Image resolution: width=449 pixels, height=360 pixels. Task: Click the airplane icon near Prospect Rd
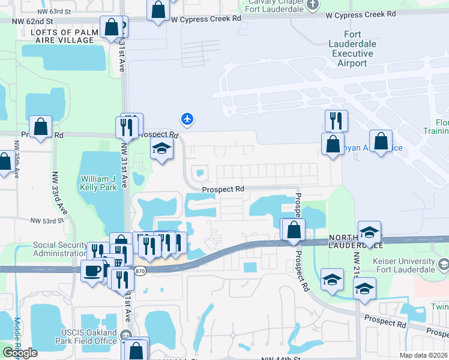[x=187, y=119]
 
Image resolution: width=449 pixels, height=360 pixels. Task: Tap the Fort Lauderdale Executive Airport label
[x=352, y=49]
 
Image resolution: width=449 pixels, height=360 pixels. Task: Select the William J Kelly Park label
[x=97, y=182]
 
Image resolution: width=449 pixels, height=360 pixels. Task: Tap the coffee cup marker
[x=92, y=271]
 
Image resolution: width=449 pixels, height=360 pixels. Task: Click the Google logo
[x=20, y=353]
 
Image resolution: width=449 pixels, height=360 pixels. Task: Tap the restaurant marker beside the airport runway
[x=336, y=121]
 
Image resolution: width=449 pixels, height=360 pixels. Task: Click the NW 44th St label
[x=281, y=358]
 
